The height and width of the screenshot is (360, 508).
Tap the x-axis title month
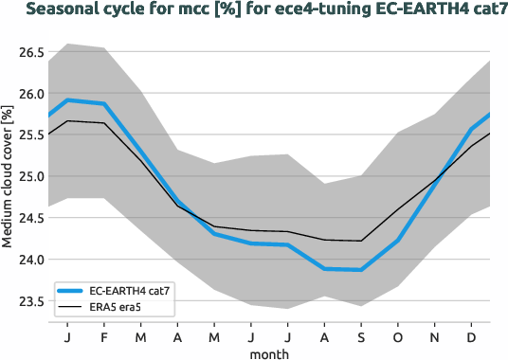pos(269,352)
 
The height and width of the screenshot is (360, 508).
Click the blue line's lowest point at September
pos(361,270)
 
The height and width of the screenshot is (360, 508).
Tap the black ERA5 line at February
pos(104,123)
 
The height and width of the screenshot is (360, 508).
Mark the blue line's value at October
pos(398,241)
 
